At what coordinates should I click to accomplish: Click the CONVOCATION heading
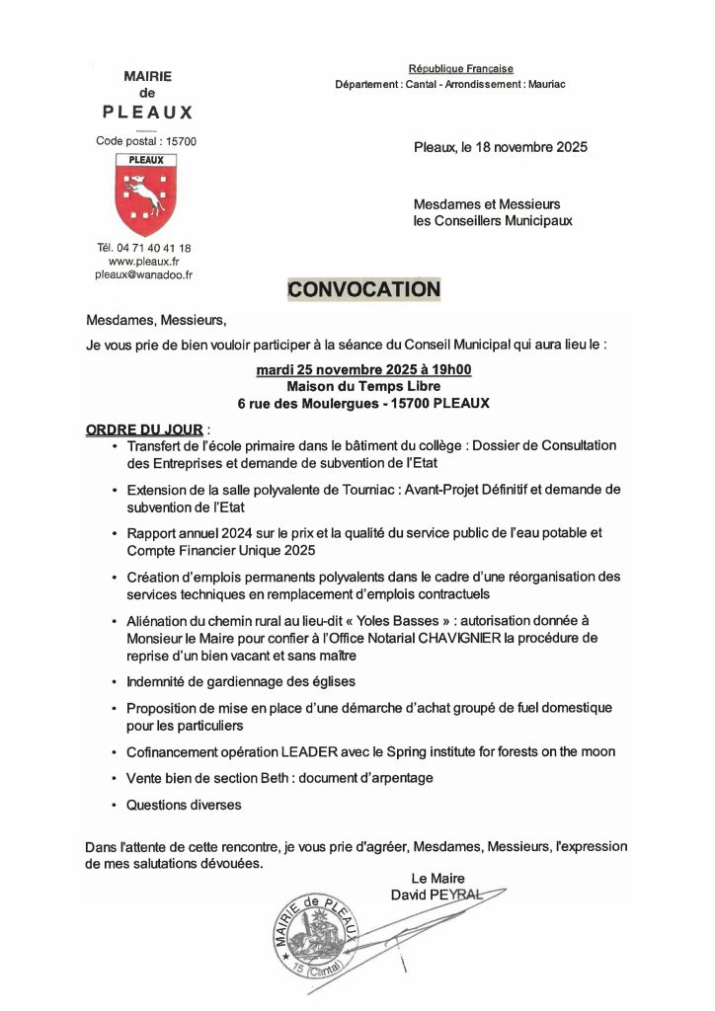[x=362, y=289]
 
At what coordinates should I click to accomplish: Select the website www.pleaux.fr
[x=143, y=262]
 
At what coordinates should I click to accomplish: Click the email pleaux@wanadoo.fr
[x=143, y=275]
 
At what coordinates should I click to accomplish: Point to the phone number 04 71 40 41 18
[x=155, y=248]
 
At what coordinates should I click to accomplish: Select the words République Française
[x=461, y=69]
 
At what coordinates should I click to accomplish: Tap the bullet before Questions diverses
[x=116, y=806]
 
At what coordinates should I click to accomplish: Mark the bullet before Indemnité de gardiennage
[x=116, y=682]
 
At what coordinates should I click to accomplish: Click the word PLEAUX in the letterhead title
[x=147, y=112]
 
